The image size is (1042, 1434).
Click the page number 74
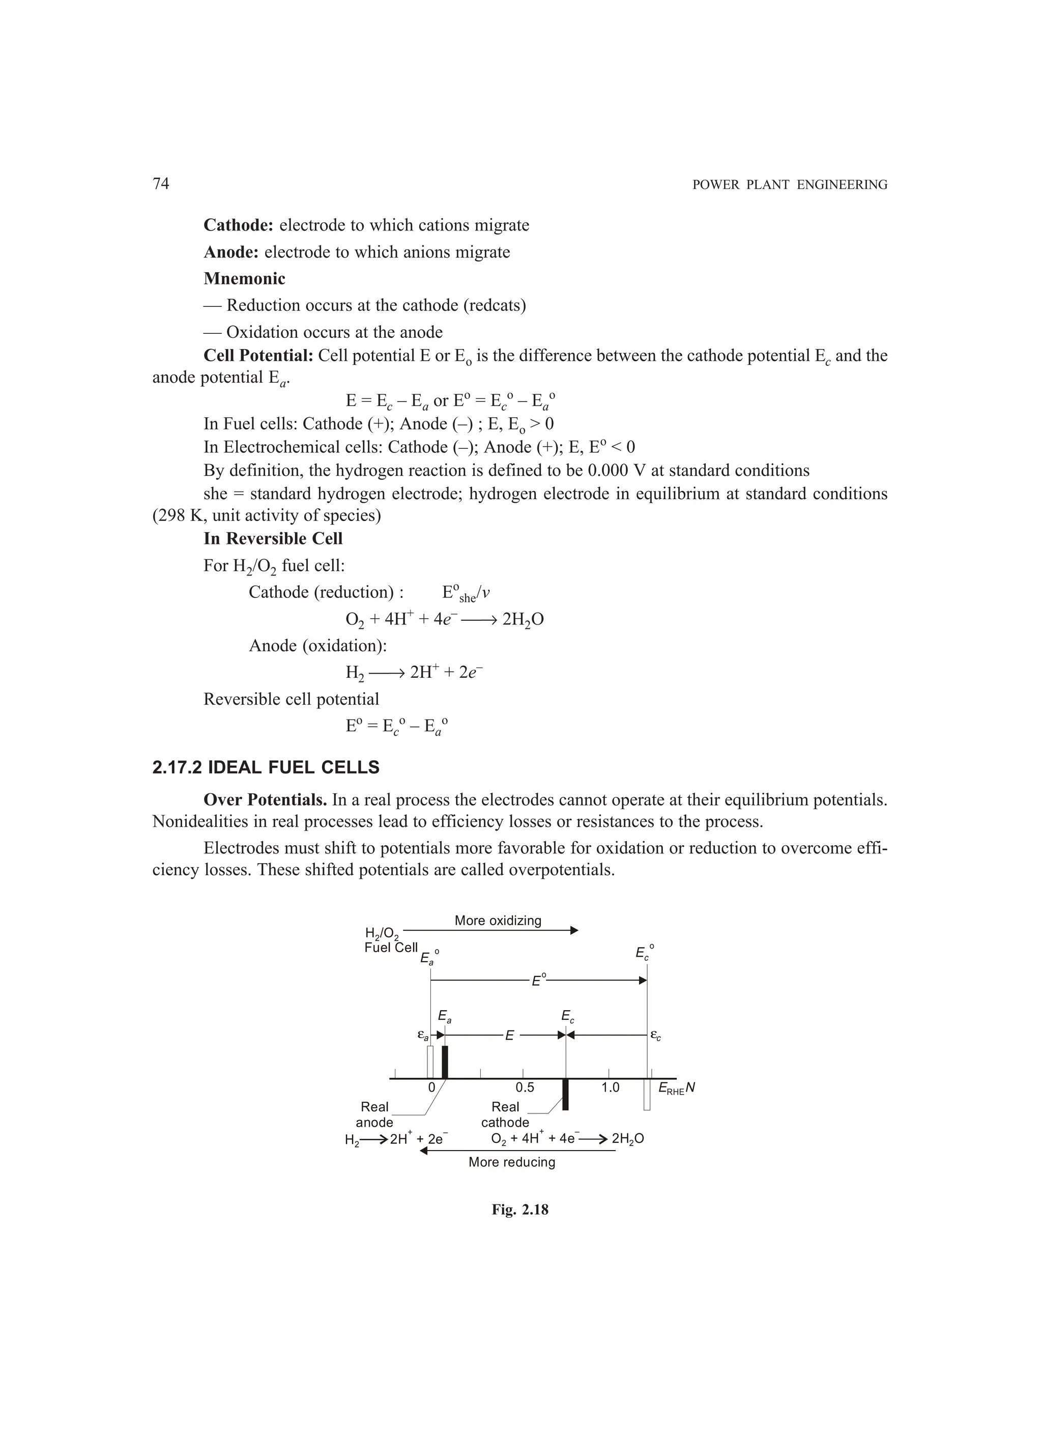click(161, 183)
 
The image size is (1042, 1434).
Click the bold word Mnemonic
click(244, 279)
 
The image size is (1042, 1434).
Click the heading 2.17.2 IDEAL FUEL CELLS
click(266, 767)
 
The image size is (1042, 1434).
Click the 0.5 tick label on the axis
click(524, 1087)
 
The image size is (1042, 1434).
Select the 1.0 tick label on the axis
click(610, 1087)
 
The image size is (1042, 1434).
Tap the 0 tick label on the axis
click(431, 1087)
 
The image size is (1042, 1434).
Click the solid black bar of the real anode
click(445, 1062)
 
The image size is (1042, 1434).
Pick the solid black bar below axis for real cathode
click(565, 1095)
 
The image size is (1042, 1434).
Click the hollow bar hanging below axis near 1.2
click(647, 1095)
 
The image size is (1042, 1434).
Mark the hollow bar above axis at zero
click(430, 1062)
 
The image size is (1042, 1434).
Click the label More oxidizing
click(498, 921)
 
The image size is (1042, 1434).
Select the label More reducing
click(511, 1162)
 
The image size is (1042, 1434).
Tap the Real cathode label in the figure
click(505, 1115)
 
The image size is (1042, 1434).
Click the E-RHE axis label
click(676, 1088)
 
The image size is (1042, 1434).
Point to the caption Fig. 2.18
click(520, 1210)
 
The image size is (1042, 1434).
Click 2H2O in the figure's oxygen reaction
click(628, 1139)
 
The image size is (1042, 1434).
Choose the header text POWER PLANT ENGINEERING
click(790, 185)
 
